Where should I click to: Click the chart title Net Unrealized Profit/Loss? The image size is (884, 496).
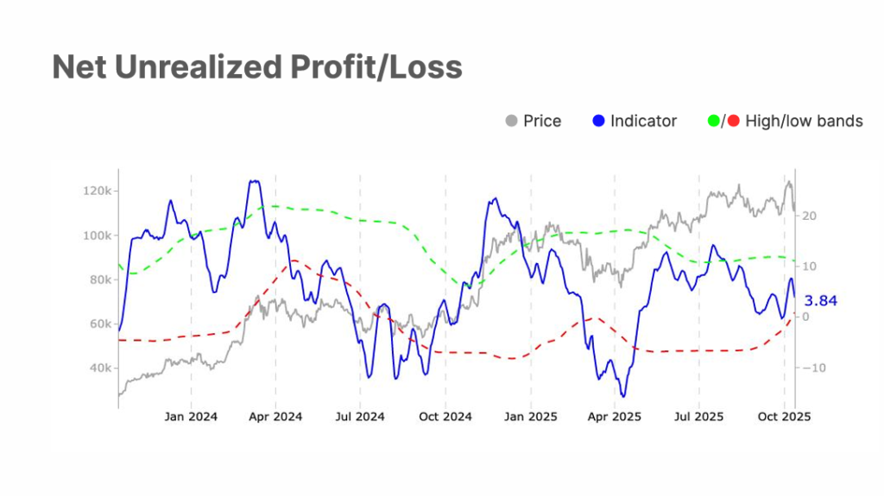(x=257, y=67)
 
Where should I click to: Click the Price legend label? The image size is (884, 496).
(x=542, y=122)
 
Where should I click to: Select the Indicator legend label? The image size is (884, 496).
(x=643, y=122)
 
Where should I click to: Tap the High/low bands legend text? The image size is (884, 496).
(x=803, y=122)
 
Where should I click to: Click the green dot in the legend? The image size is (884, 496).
(x=713, y=122)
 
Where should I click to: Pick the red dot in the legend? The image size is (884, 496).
(x=734, y=122)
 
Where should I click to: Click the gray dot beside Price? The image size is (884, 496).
(x=512, y=122)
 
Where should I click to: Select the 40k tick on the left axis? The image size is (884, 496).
(x=97, y=368)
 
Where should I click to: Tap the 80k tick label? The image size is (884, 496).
(x=97, y=279)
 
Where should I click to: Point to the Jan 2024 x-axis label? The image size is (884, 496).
(x=191, y=417)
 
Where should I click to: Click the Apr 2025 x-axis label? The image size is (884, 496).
(x=615, y=417)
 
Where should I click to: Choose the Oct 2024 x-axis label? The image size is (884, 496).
(x=445, y=417)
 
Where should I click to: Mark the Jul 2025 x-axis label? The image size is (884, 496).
(x=698, y=417)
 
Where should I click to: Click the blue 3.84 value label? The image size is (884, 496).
(x=820, y=301)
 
